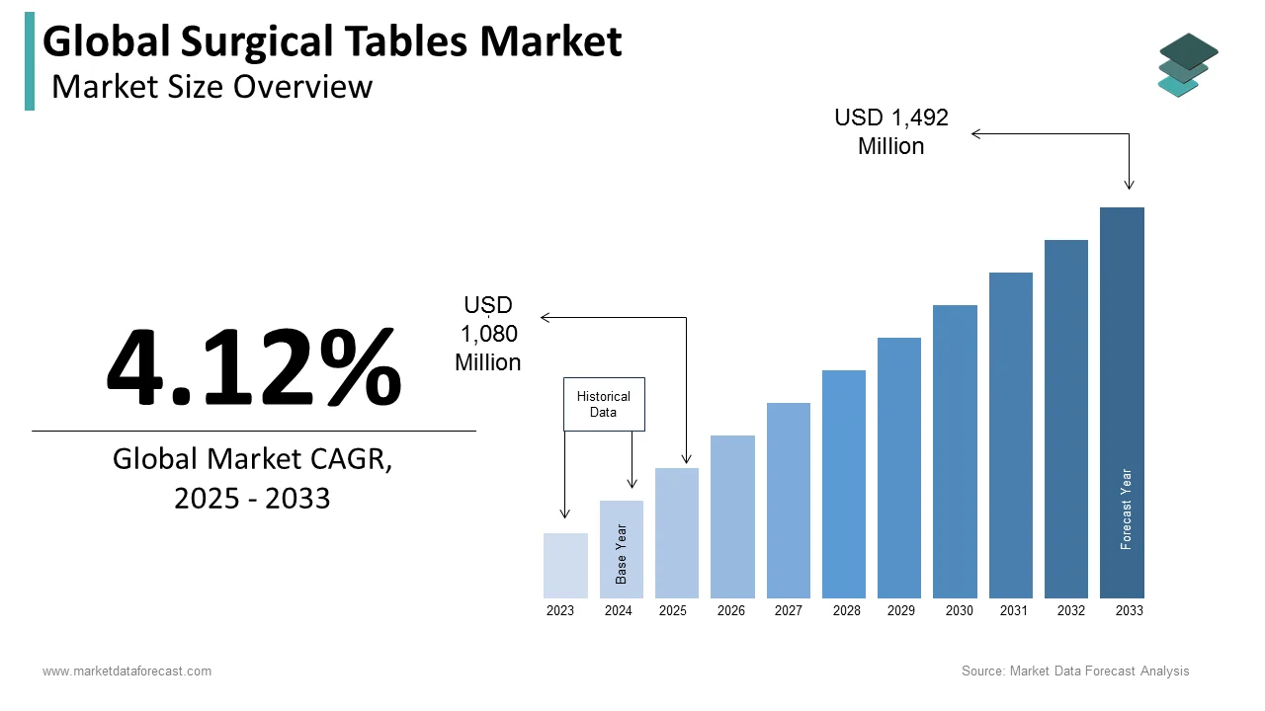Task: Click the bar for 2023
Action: coord(565,566)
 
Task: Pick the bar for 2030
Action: coord(955,451)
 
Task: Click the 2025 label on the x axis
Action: coord(673,611)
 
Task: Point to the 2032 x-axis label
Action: coord(1071,611)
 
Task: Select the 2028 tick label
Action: coord(846,611)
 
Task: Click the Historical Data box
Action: coord(604,404)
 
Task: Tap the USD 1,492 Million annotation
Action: coord(891,131)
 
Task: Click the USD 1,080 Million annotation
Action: coord(488,334)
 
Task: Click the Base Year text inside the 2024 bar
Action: coord(622,554)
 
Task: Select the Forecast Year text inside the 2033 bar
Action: coord(1126,509)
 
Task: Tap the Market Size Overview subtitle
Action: coord(212,87)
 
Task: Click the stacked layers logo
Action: coord(1188,65)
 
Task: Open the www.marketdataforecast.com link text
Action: coord(126,671)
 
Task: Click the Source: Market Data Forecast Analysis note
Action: coord(1075,671)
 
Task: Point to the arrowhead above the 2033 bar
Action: coord(1129,185)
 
